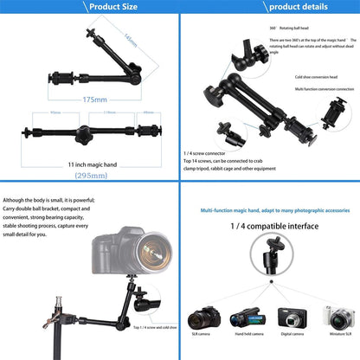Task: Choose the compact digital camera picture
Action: (x=292, y=318)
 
